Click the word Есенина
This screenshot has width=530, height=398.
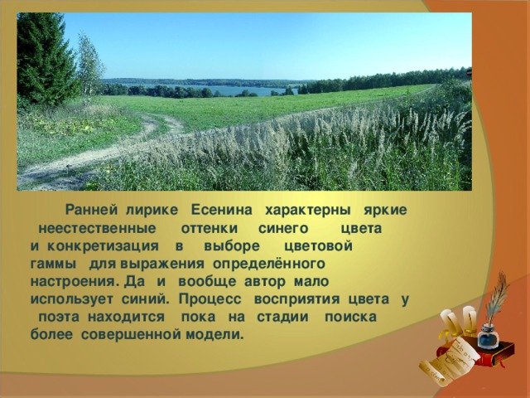221,210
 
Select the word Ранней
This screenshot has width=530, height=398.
91,210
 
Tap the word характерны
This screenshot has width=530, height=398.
307,211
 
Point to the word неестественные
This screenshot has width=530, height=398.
98,229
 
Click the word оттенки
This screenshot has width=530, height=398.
210,229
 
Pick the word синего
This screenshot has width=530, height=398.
283,229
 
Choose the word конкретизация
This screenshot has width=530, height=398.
103,247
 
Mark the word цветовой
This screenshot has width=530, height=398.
318,247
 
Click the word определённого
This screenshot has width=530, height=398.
269,265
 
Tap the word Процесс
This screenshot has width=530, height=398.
210,299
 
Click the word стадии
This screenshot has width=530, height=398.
282,318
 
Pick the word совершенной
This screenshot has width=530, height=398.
132,335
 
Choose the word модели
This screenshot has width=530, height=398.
214,335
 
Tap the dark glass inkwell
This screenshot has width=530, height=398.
489,337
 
